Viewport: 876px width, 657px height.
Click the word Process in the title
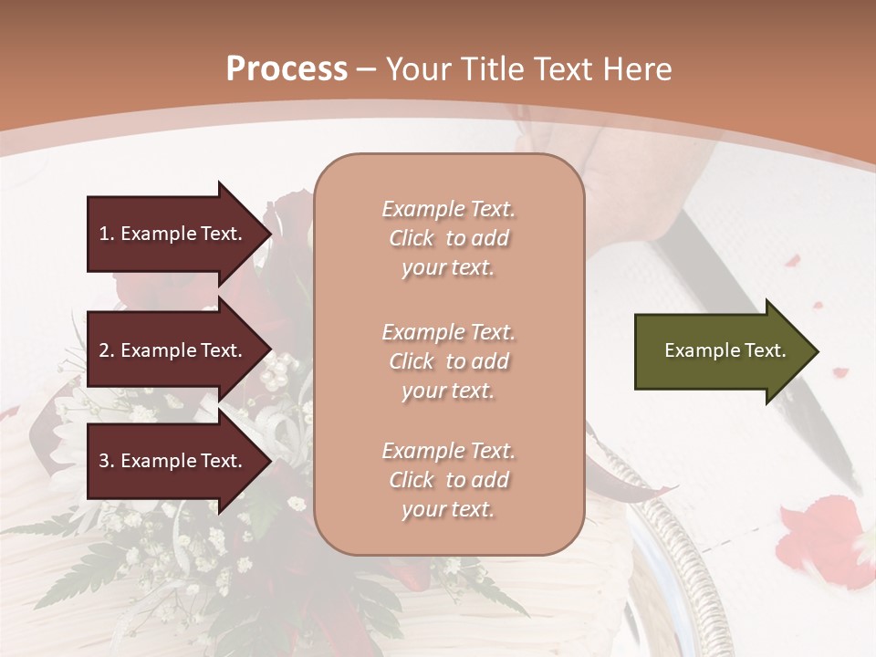pyautogui.click(x=287, y=69)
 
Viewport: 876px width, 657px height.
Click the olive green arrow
pyautogui.click(x=716, y=351)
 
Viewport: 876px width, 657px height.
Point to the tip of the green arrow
pyautogui.click(x=816, y=351)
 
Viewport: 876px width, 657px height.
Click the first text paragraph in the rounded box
pyautogui.click(x=448, y=238)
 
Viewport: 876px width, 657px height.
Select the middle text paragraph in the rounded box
pyautogui.click(x=448, y=361)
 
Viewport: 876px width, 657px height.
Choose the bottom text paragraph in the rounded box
pyautogui.click(x=448, y=480)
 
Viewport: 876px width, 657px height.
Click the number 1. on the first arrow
pyautogui.click(x=107, y=234)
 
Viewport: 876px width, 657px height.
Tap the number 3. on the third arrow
pyautogui.click(x=107, y=461)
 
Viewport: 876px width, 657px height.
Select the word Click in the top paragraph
pyautogui.click(x=412, y=239)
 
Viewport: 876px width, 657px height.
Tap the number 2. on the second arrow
pyautogui.click(x=107, y=350)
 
